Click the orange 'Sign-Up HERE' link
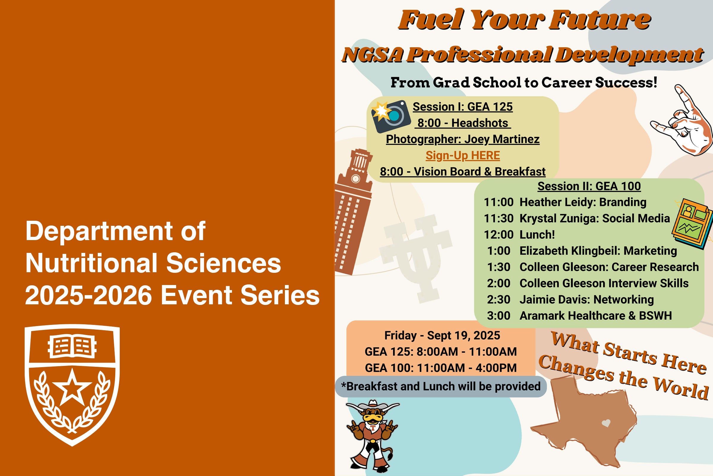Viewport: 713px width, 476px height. pyautogui.click(x=463, y=155)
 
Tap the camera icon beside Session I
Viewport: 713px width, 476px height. pyautogui.click(x=391, y=116)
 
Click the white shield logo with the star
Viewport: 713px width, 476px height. pyautogui.click(x=72, y=385)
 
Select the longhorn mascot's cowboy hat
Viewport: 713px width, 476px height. pyautogui.click(x=373, y=405)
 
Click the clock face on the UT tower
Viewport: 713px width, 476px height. pyautogui.click(x=355, y=179)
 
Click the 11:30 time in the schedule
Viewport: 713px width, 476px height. pyautogui.click(x=499, y=218)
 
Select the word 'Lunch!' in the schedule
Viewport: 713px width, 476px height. pyautogui.click(x=537, y=234)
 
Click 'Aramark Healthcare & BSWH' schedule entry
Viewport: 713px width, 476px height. pyautogui.click(x=596, y=315)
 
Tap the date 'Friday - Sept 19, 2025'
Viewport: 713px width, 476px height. pyautogui.click(x=442, y=336)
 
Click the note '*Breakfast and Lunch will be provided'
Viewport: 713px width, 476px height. pyautogui.click(x=441, y=386)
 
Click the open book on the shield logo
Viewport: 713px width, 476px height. pyautogui.click(x=72, y=346)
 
